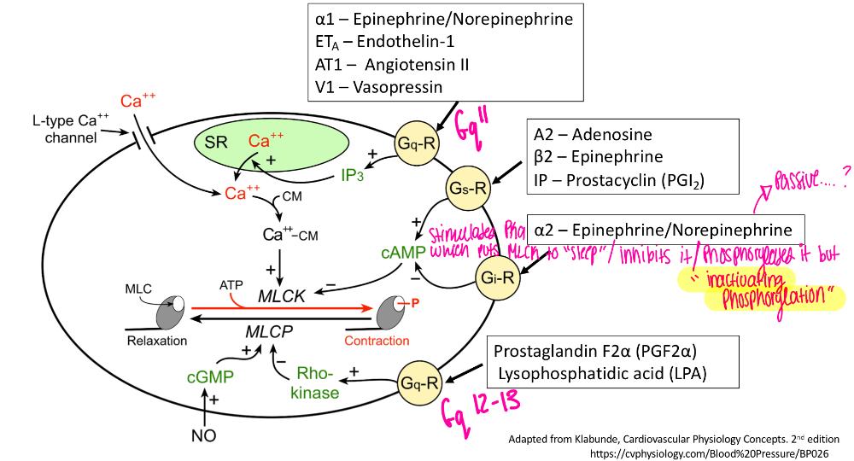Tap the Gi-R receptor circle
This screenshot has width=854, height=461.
(x=498, y=275)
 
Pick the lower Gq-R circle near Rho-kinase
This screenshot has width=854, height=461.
(x=415, y=375)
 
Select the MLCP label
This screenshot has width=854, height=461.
(x=264, y=330)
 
